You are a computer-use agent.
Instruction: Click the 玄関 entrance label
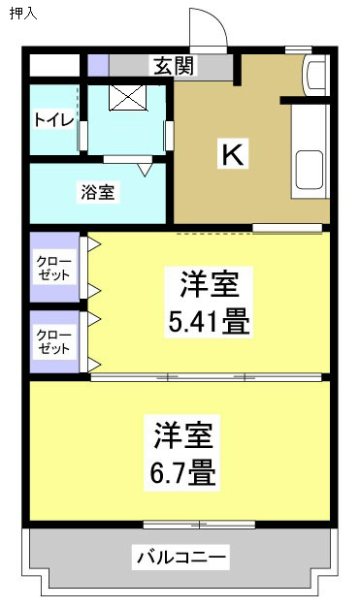(174, 66)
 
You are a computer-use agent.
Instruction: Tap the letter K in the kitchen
(233, 153)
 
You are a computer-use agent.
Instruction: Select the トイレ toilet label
(50, 120)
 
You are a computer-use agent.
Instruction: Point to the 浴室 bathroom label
(97, 192)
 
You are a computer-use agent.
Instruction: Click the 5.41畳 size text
(210, 321)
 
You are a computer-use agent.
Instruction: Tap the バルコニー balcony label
(181, 558)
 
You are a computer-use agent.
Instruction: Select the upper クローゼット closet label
(53, 268)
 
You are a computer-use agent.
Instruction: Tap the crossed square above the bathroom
(126, 98)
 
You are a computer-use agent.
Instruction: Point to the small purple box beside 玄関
(97, 66)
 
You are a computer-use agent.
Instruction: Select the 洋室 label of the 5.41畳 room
(209, 285)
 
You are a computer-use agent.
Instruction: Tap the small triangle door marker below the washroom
(145, 169)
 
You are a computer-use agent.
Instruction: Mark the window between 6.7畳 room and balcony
(198, 525)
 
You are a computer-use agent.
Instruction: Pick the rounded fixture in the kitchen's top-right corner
(314, 76)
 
